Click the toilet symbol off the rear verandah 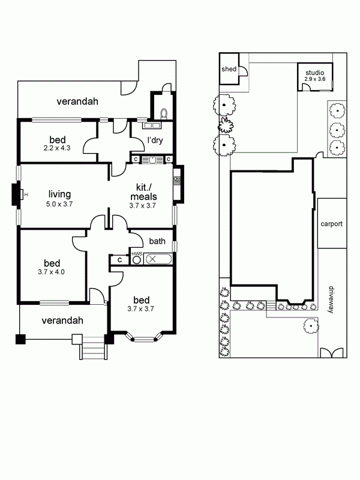(x=164, y=113)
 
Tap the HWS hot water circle (x=136, y=260)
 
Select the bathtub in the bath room (x=158, y=259)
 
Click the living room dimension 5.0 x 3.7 (x=59, y=204)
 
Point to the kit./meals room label (x=143, y=191)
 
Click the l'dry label (x=155, y=140)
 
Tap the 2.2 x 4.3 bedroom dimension (x=57, y=148)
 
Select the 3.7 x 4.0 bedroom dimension (x=51, y=272)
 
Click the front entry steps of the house (x=94, y=348)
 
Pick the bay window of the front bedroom (x=144, y=337)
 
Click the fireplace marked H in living (x=17, y=194)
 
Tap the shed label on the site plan (x=229, y=69)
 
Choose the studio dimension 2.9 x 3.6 (x=314, y=79)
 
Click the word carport (x=332, y=224)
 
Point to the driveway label (x=331, y=299)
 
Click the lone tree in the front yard (x=311, y=326)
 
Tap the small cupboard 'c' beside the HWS (x=119, y=260)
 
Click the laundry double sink (x=151, y=125)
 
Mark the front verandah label (x=62, y=320)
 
